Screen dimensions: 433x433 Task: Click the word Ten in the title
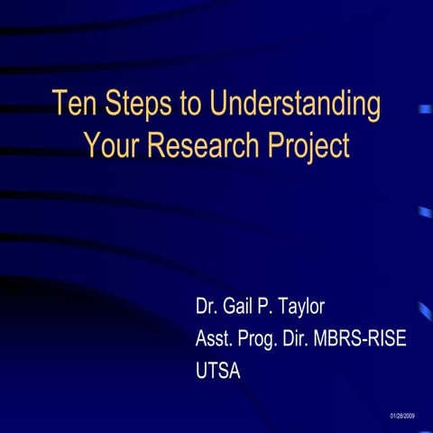pos(73,105)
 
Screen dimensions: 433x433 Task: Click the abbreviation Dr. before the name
pos(207,307)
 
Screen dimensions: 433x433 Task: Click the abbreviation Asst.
pos(215,339)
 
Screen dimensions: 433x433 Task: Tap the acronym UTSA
pos(218,371)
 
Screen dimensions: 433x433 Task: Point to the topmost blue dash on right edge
pos(424,109)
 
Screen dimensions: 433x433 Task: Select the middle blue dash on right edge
pos(424,212)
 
